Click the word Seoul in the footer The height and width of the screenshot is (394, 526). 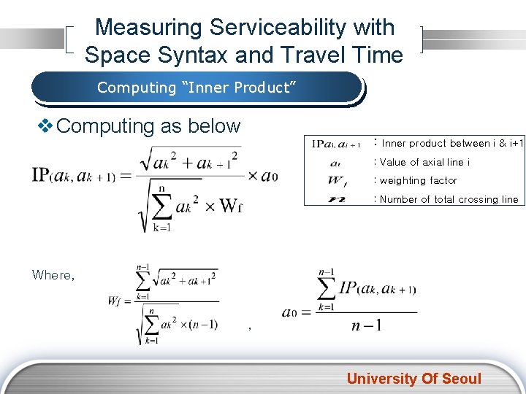[460, 378]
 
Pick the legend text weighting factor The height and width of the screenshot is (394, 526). [418, 180]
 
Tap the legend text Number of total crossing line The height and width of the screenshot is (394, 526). [448, 199]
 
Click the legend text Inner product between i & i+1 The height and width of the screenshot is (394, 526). [451, 143]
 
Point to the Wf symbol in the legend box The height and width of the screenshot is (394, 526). [338, 180]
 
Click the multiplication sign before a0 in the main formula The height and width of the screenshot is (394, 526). [254, 175]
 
